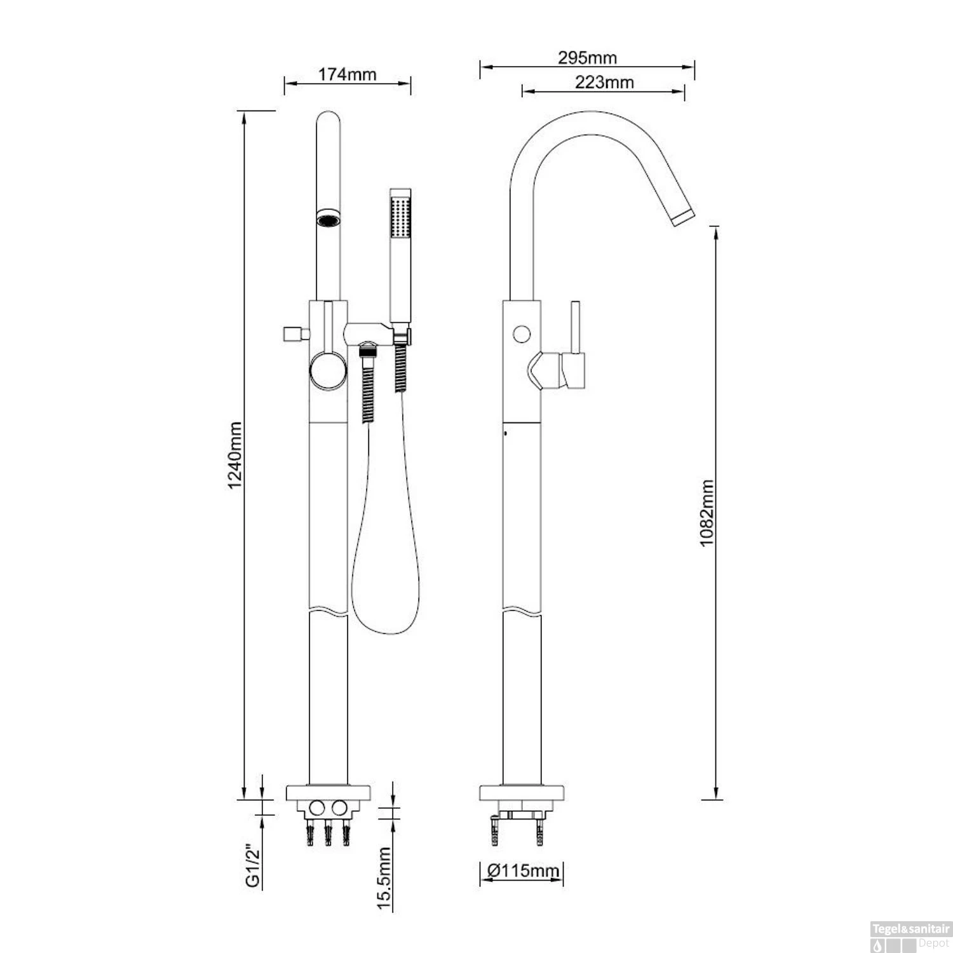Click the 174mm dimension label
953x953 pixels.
[x=347, y=74]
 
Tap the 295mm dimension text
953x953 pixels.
[x=588, y=58]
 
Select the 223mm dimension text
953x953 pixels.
[x=604, y=82]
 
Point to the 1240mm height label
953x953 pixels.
[x=235, y=455]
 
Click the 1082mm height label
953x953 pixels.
[x=706, y=513]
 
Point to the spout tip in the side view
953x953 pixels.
[x=683, y=215]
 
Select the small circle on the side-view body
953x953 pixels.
[x=522, y=334]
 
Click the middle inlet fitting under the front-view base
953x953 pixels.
[x=328, y=834]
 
